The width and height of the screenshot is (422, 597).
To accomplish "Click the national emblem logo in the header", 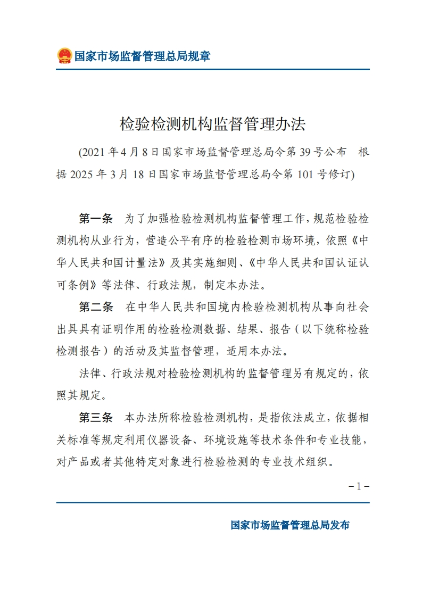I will click(64, 55).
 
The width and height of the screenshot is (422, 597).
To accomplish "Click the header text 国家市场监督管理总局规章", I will click(142, 56).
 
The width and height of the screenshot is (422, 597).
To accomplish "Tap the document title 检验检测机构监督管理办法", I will click(212, 125).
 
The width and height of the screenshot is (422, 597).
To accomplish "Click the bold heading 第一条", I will click(96, 219).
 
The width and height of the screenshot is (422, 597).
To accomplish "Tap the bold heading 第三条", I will click(96, 417).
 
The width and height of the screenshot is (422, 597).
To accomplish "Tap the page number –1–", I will click(359, 486).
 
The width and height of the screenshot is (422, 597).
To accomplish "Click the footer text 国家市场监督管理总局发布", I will click(290, 525).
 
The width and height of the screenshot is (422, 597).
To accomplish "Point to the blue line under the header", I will click(212, 70).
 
